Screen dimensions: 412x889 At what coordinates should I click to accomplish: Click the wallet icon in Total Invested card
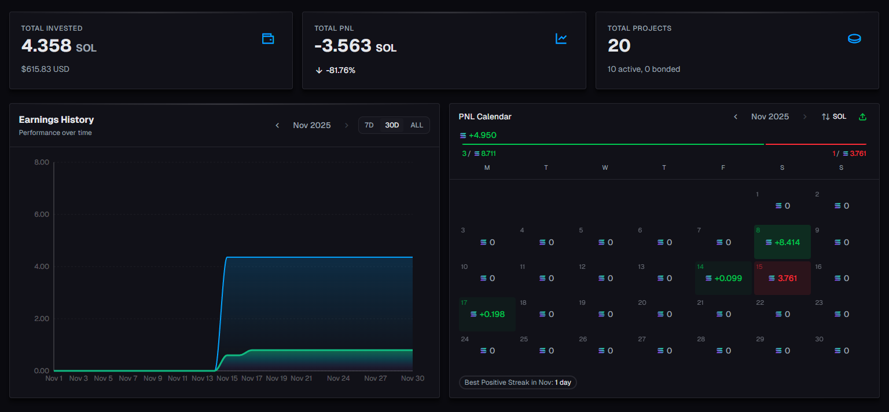268,39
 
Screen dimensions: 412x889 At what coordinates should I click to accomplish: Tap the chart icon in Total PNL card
561,39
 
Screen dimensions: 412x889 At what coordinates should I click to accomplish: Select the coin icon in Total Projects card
854,39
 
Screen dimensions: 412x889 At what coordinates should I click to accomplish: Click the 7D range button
369,125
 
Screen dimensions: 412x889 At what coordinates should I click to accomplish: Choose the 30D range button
392,125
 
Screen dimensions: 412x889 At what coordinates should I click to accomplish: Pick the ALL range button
417,125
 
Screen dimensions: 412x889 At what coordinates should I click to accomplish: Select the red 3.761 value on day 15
787,278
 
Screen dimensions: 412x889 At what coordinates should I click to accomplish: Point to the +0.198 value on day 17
492,314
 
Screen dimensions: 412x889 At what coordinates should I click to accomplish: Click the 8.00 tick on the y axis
42,162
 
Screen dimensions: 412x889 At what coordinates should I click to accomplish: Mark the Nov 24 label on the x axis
338,378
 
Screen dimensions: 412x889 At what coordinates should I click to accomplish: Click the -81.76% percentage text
340,70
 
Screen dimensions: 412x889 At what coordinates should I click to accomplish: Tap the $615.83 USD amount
45,69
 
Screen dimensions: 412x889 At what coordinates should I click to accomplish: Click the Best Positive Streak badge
518,382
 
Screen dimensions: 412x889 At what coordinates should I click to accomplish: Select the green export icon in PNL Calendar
862,117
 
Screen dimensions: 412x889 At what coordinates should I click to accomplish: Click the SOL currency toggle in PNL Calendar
834,117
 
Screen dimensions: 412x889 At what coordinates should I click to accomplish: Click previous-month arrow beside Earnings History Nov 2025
277,125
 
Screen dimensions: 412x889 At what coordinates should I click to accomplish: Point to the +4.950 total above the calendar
482,136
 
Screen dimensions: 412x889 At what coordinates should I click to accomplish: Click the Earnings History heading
56,119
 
